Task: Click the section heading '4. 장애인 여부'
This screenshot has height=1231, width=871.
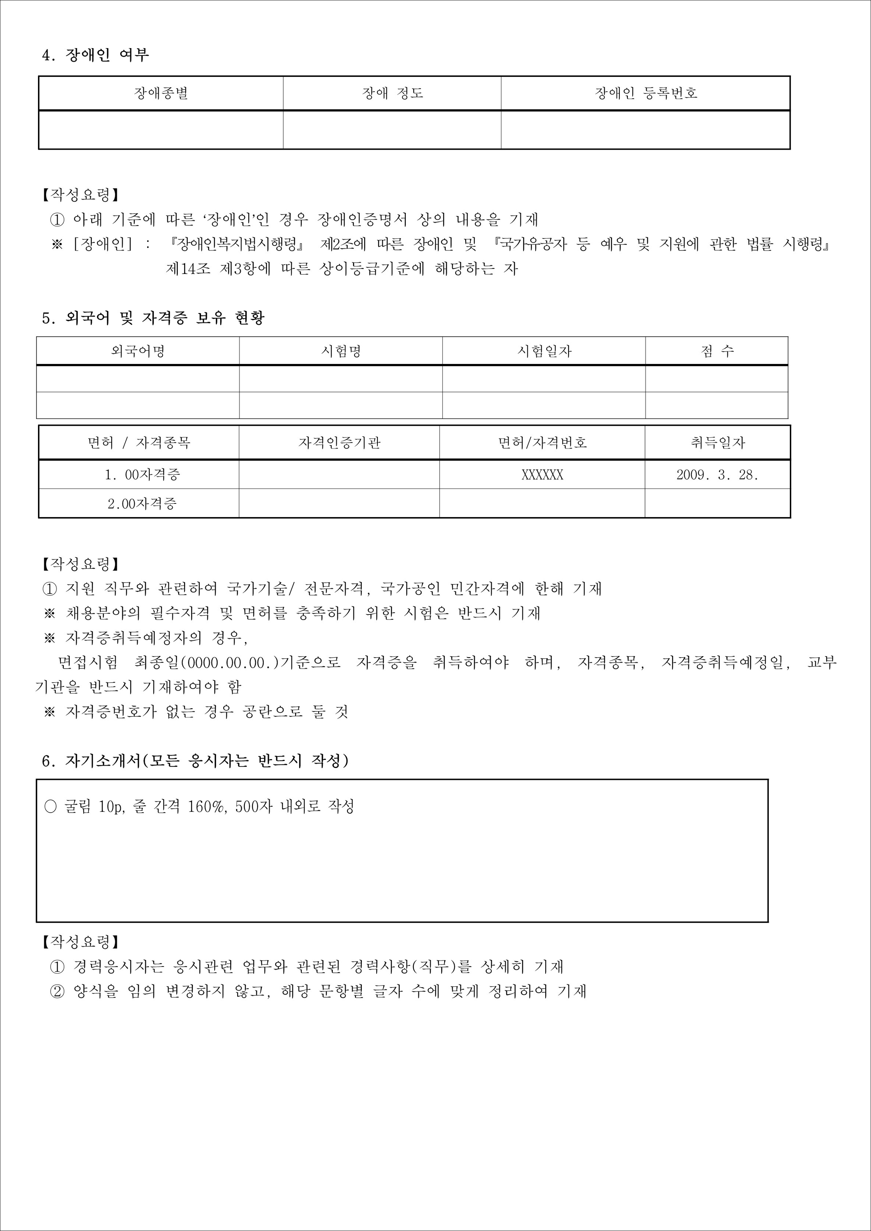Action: click(x=96, y=55)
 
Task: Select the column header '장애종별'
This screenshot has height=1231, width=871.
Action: click(x=161, y=93)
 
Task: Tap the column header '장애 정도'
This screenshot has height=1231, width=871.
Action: click(x=392, y=93)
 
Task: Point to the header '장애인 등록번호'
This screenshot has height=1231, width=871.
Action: click(x=646, y=93)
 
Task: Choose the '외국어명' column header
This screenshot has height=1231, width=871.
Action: click(x=138, y=351)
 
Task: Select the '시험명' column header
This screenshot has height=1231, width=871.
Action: click(x=341, y=351)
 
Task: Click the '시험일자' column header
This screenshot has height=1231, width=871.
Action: click(x=544, y=351)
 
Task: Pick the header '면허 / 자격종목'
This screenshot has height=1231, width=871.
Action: click(x=139, y=443)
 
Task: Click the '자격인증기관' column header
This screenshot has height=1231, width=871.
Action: click(x=339, y=443)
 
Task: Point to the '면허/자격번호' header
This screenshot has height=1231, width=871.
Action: click(x=542, y=443)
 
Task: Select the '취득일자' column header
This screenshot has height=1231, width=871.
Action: click(x=717, y=443)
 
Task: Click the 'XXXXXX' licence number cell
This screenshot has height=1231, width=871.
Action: click(x=542, y=475)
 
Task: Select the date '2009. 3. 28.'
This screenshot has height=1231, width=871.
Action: click(x=717, y=475)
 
